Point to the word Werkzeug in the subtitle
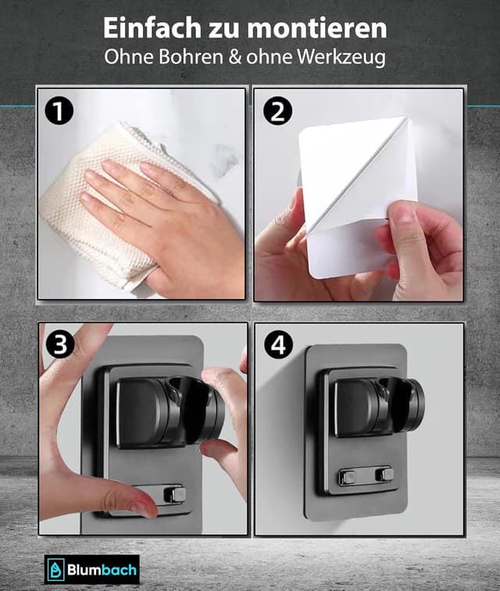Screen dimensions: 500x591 pyautogui.click(x=341, y=58)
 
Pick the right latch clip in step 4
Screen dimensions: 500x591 pyautogui.click(x=384, y=474)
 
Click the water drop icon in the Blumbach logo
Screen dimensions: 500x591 pyautogui.click(x=55, y=569)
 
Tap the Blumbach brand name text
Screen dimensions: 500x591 pyautogui.click(x=102, y=569)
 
